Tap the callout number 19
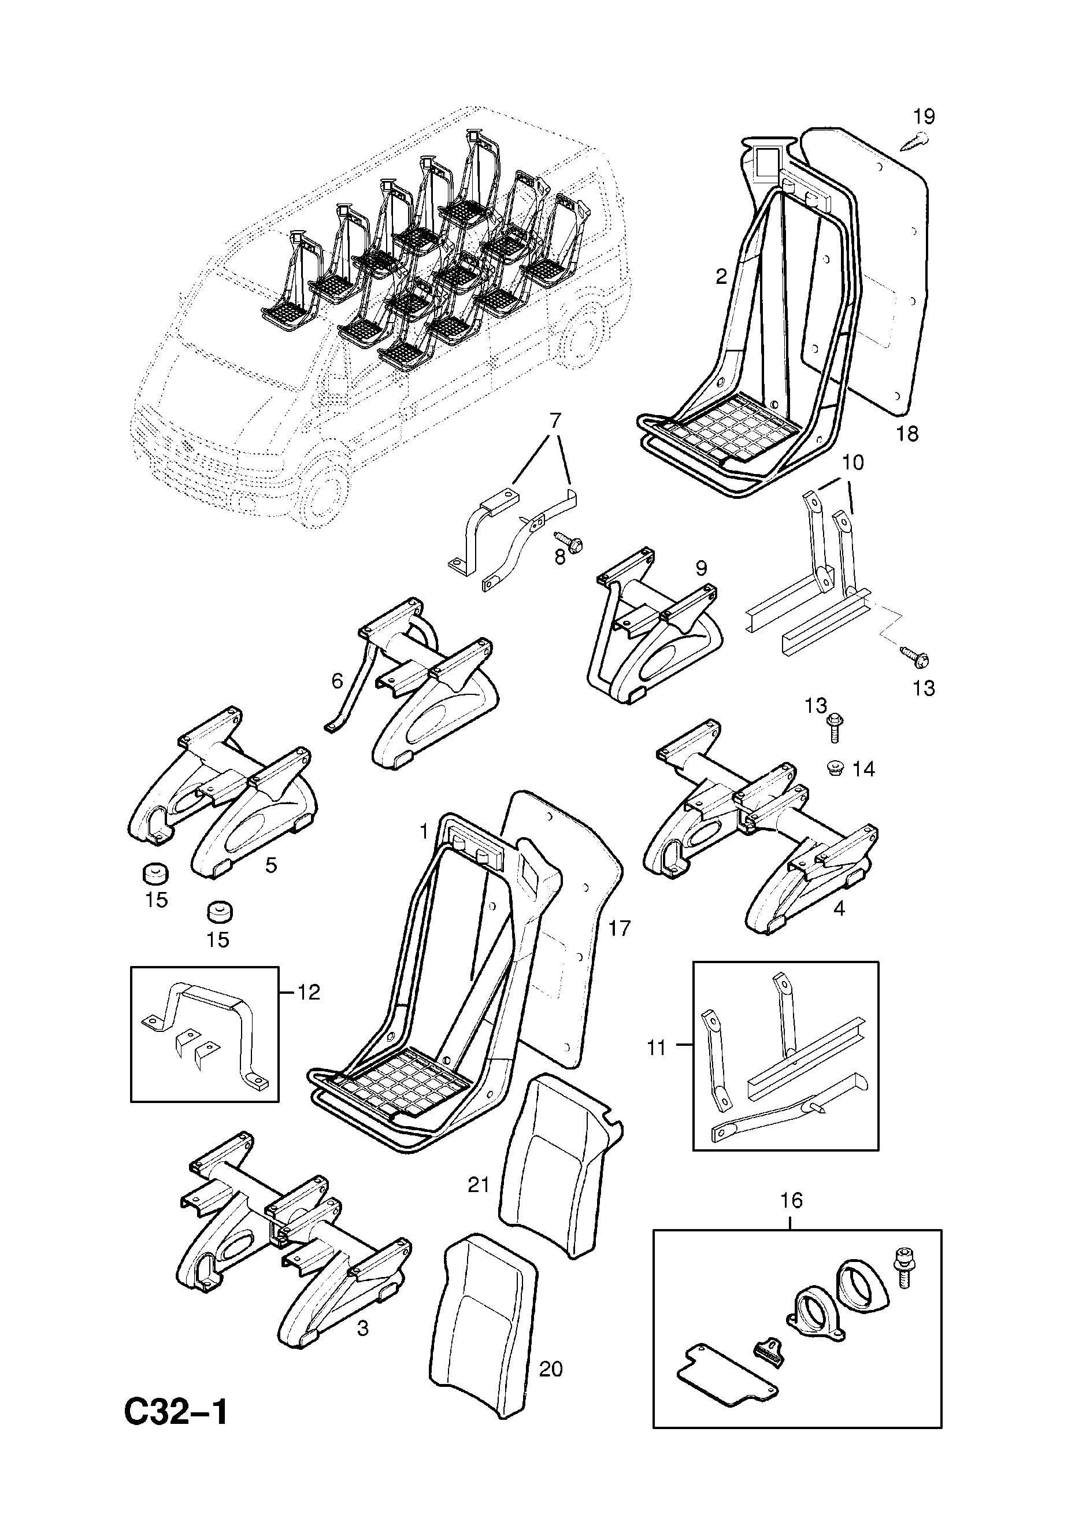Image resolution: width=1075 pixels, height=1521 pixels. pos(924,117)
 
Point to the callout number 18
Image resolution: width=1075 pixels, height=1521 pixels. pos(907,434)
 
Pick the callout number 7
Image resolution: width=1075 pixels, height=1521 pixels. pos(555,421)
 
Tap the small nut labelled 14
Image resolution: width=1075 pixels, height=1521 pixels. pos(836,769)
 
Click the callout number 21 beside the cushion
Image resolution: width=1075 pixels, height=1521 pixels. pos(478,1185)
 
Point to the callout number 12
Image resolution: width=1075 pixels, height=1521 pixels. pos(308,1011)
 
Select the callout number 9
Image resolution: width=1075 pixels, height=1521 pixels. pos(700,568)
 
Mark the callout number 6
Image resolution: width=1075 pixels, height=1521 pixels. pos(338,680)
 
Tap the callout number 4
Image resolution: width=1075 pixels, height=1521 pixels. pos(839,908)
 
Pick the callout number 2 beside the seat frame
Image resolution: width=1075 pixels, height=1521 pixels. pos(721,276)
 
